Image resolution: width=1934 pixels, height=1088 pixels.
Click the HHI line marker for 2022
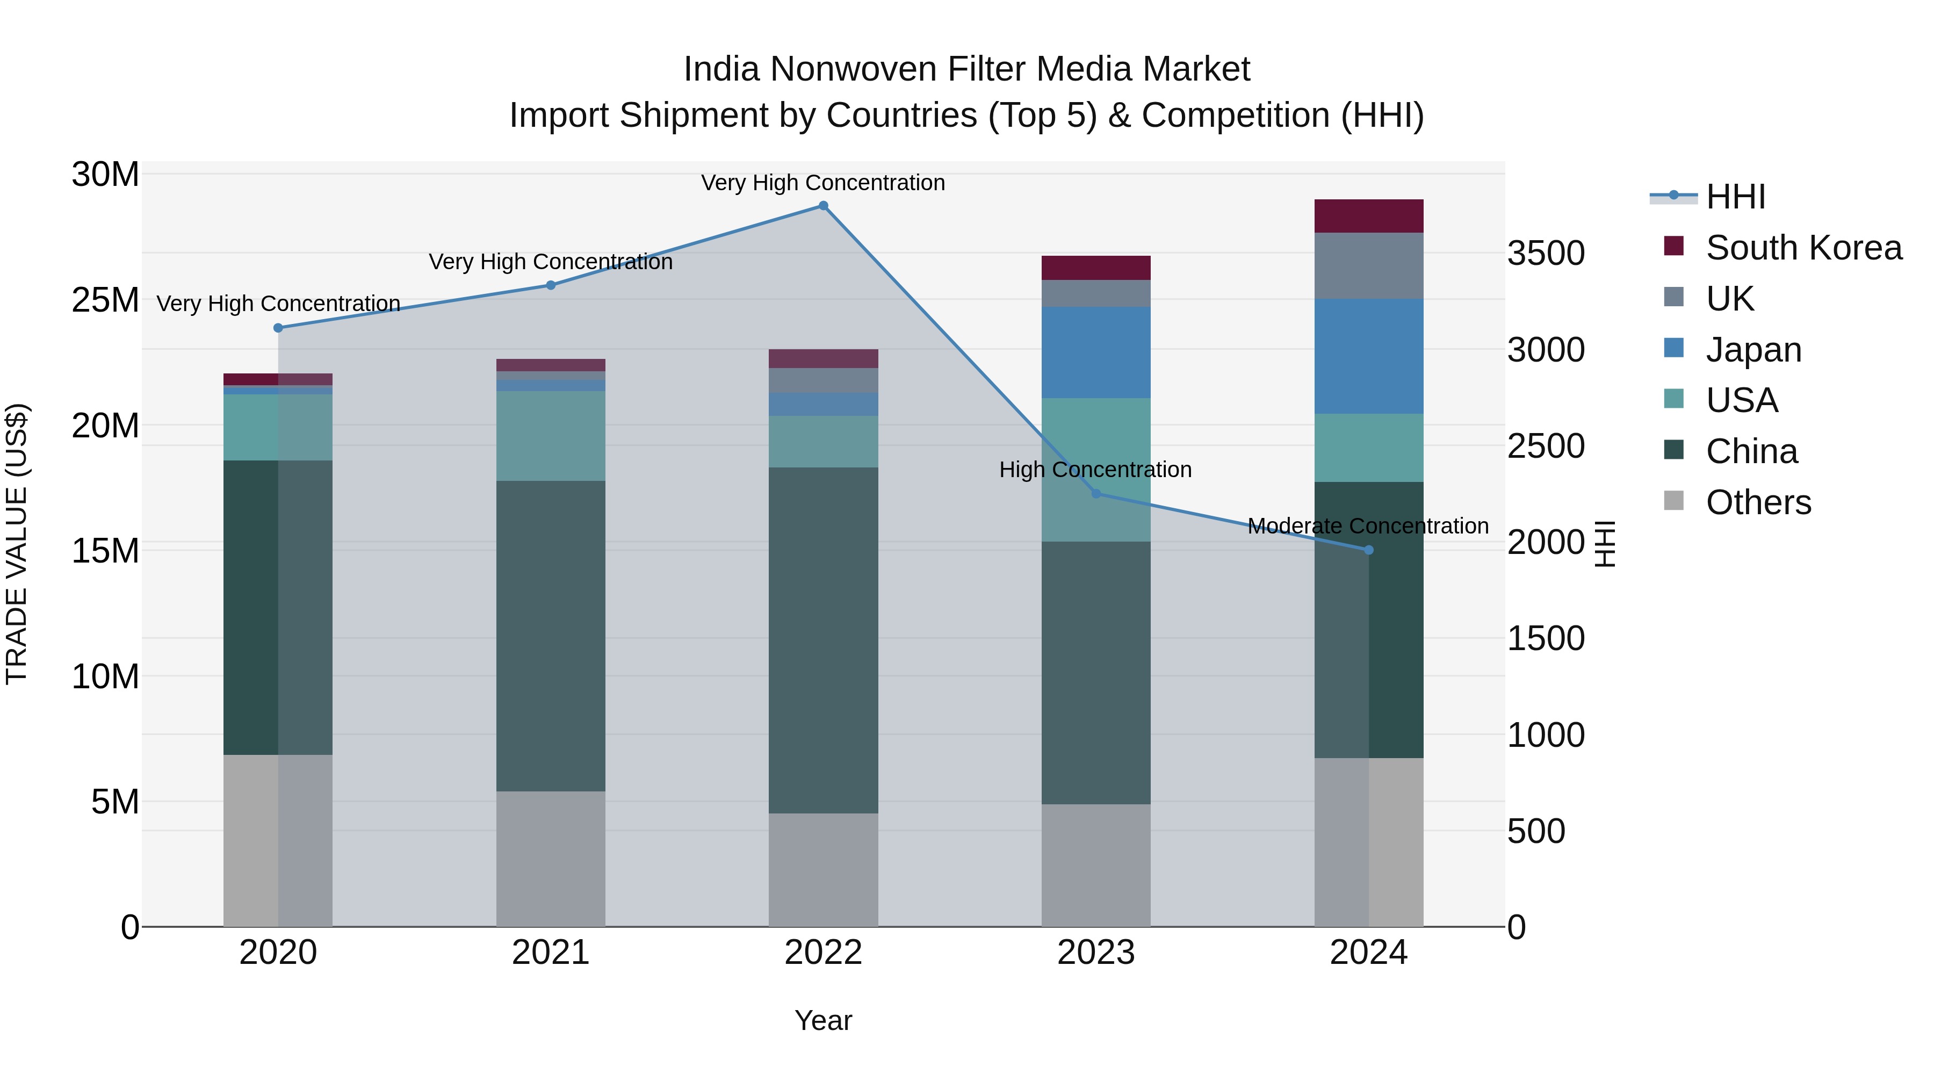pos(823,206)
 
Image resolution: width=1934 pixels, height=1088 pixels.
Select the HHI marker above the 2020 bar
pos(278,328)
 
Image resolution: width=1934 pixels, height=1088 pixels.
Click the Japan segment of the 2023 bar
pos(1095,352)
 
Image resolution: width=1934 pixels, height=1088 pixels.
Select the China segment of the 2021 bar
pos(550,636)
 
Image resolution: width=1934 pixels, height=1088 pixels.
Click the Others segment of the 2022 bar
pos(823,869)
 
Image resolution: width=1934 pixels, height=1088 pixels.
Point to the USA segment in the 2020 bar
pos(278,427)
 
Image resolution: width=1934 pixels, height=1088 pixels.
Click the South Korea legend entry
pos(1803,248)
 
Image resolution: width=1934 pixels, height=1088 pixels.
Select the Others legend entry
pos(1758,502)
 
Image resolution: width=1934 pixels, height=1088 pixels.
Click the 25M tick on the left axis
pos(105,300)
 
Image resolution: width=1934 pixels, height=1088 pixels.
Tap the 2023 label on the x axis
pos(1095,953)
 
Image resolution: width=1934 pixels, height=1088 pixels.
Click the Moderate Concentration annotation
pos(1368,527)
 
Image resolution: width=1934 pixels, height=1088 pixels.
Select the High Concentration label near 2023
pos(1095,470)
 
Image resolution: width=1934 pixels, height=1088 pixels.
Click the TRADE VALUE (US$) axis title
pos(17,544)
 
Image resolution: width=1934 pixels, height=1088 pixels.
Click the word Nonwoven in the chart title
pos(852,70)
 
